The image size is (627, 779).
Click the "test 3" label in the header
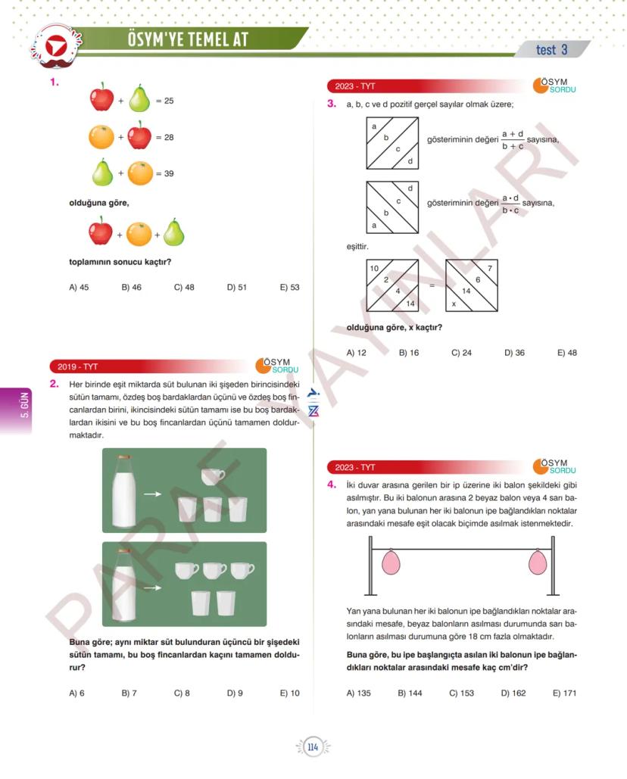pos(551,50)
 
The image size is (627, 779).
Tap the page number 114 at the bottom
pos(313,748)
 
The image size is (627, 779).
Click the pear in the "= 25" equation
pos(139,99)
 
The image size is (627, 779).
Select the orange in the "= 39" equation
pos(140,173)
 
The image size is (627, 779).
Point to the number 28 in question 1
pos(169,137)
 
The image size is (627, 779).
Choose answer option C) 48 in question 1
pos(184,287)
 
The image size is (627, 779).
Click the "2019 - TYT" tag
pos(74,366)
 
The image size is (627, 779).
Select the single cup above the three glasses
pos(213,475)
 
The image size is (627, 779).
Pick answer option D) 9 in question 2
pos(235,693)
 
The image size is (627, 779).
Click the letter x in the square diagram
pos(454,303)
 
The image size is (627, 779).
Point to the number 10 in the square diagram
pos(374,269)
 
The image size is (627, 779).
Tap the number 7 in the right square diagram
pos(489,269)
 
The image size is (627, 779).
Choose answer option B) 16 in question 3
pos(409,353)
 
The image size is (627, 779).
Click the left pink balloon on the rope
pos(391,562)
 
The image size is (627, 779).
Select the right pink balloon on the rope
pos(535,562)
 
